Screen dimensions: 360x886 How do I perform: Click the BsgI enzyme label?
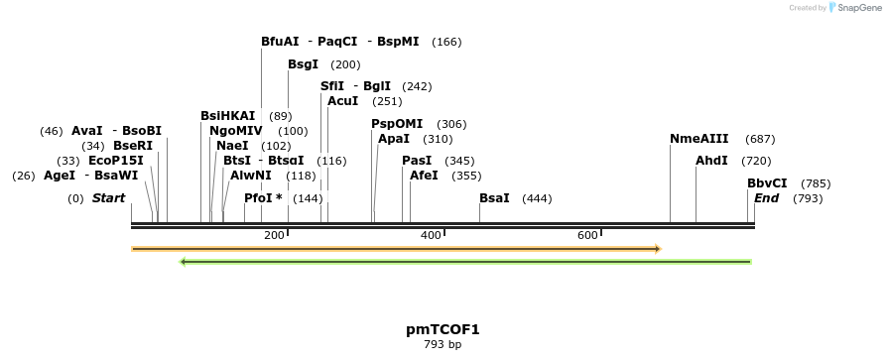coord(303,64)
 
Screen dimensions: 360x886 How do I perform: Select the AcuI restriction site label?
coord(342,101)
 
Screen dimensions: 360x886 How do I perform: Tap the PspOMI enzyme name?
coord(397,124)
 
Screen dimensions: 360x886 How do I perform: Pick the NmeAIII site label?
coord(698,139)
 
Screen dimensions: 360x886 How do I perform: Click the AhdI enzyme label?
coord(711,161)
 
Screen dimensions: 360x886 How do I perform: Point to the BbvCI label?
coord(767,183)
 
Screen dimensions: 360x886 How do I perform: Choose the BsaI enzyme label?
coord(494,198)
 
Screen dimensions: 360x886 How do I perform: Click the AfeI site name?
coord(424,176)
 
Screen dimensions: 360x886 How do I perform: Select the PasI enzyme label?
coord(417,161)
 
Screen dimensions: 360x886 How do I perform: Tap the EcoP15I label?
coord(116,161)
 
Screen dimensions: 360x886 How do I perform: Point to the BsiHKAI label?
coord(227,116)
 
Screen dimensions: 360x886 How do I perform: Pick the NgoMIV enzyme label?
coord(235,131)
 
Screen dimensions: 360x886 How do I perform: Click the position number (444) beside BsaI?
coord(537,198)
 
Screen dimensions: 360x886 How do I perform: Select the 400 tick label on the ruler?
coord(431,235)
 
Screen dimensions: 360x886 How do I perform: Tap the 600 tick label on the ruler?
coord(587,235)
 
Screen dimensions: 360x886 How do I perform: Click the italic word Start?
coord(108,198)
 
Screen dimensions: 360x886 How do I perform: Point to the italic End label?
coord(766,198)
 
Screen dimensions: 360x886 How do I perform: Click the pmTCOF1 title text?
coord(443,329)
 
